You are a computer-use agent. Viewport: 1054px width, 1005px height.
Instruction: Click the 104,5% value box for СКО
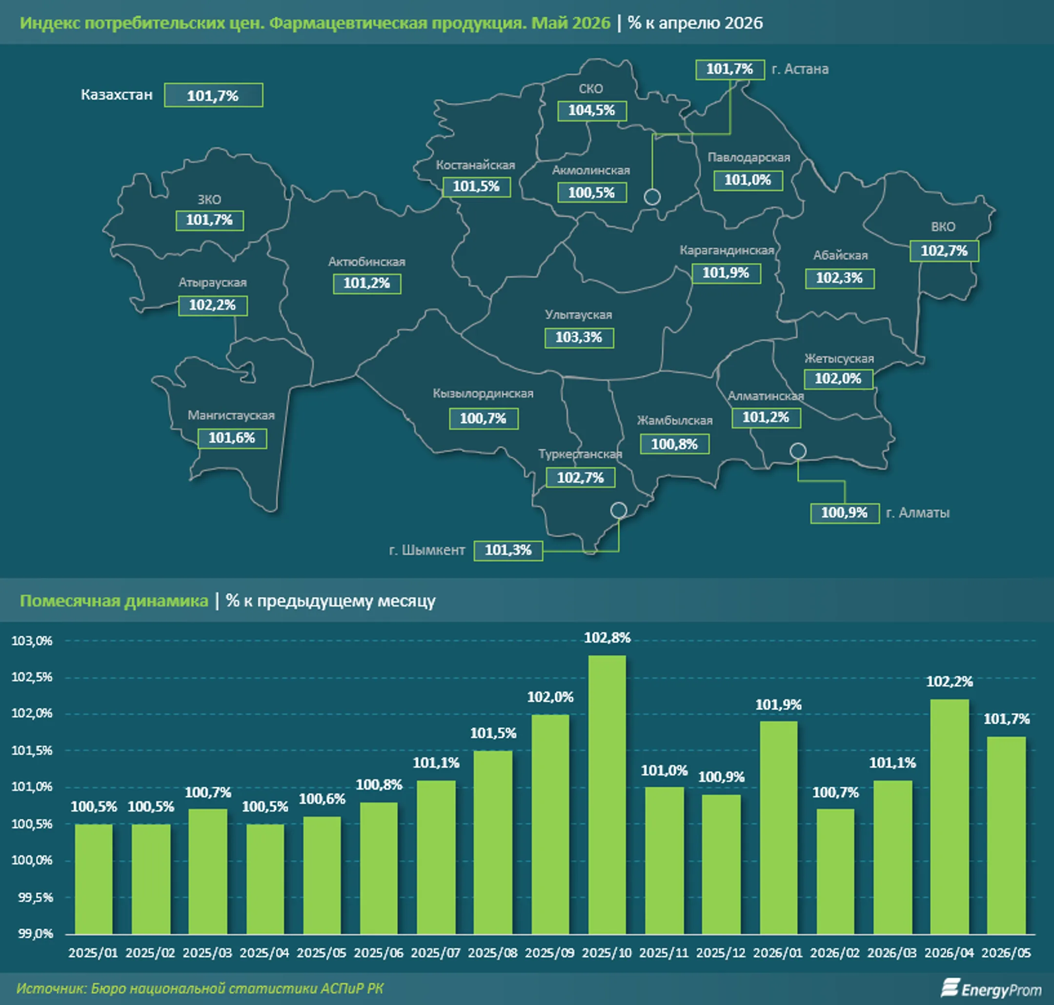tap(592, 111)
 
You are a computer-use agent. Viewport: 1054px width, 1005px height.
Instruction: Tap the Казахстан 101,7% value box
tap(213, 95)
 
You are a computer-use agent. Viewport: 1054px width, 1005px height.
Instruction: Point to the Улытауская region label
tap(579, 315)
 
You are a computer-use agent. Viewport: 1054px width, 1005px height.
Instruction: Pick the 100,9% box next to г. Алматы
tap(845, 513)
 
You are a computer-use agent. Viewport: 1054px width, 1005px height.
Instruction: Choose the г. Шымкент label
tap(427, 550)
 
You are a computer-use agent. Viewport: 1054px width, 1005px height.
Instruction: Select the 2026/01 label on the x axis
tap(778, 953)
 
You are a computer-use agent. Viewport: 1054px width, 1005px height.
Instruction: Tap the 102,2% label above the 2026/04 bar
tap(950, 682)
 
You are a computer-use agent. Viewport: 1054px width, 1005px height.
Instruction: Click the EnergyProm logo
tap(992, 989)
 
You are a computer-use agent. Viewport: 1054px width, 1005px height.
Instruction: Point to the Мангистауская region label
tap(231, 415)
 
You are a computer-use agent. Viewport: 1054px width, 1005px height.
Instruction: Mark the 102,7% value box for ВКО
tap(944, 251)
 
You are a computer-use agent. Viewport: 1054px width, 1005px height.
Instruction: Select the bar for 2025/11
tap(665, 861)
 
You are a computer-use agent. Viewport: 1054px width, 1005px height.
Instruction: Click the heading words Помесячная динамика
tap(114, 601)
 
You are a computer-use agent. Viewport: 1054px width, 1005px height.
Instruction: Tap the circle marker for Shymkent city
tap(619, 510)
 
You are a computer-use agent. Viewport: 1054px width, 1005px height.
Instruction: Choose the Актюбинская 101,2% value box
tap(367, 283)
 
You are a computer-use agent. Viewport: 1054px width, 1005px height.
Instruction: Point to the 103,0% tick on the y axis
tap(32, 641)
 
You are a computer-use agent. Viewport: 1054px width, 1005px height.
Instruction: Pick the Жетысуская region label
tap(839, 359)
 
